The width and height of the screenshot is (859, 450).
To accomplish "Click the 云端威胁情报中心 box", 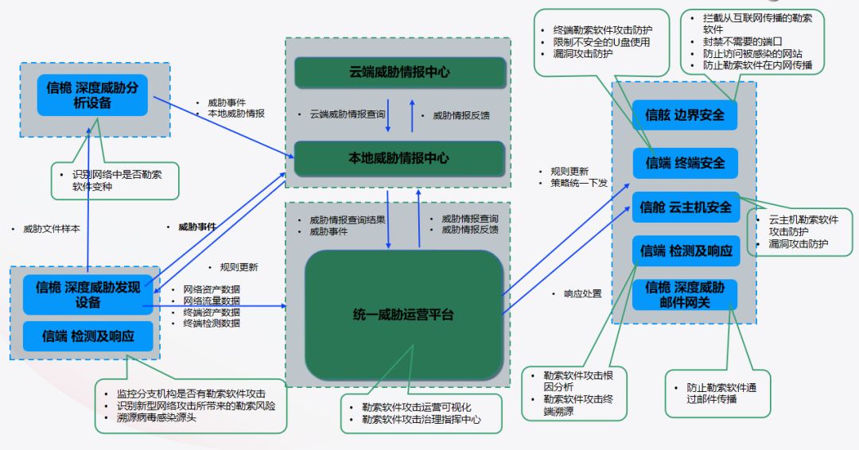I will [400, 72].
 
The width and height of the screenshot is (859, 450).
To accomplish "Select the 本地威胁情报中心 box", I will [400, 158].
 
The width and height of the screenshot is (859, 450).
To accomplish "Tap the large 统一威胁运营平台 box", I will [404, 315].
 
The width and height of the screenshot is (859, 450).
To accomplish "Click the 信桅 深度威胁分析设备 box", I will [91, 95].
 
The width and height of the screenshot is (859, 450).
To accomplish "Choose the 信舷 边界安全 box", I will [685, 115].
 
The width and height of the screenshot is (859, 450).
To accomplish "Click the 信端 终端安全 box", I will [685, 163].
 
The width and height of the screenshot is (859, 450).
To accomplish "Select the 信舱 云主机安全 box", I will [685, 208].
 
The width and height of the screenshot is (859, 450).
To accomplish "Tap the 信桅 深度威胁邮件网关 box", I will [685, 294].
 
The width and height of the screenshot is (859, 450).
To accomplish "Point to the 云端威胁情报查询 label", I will [348, 115].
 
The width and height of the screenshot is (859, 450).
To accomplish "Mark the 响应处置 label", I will [582, 294].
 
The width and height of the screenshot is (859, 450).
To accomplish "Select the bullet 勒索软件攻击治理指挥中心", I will [421, 419].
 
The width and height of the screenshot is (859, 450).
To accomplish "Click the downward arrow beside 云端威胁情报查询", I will [388, 115].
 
